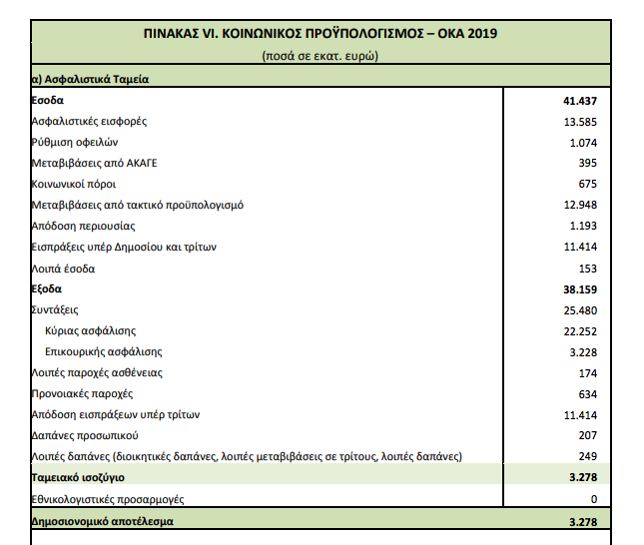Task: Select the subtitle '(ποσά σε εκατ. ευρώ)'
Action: (321, 56)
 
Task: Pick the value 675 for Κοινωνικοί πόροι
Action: (587, 184)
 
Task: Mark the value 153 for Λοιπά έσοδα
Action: (587, 268)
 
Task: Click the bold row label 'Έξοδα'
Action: (47, 288)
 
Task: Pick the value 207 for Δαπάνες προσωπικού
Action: (587, 435)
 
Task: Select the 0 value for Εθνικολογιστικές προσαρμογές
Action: (593, 498)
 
